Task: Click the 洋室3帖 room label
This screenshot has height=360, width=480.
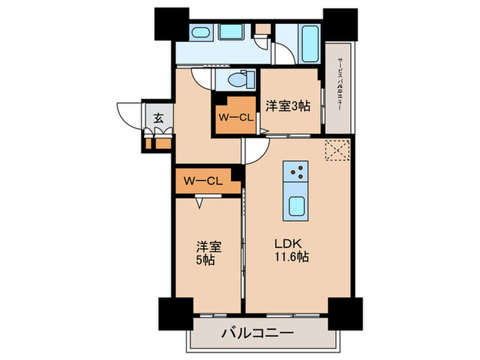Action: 287,106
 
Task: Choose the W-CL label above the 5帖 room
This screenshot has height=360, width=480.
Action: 202,181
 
